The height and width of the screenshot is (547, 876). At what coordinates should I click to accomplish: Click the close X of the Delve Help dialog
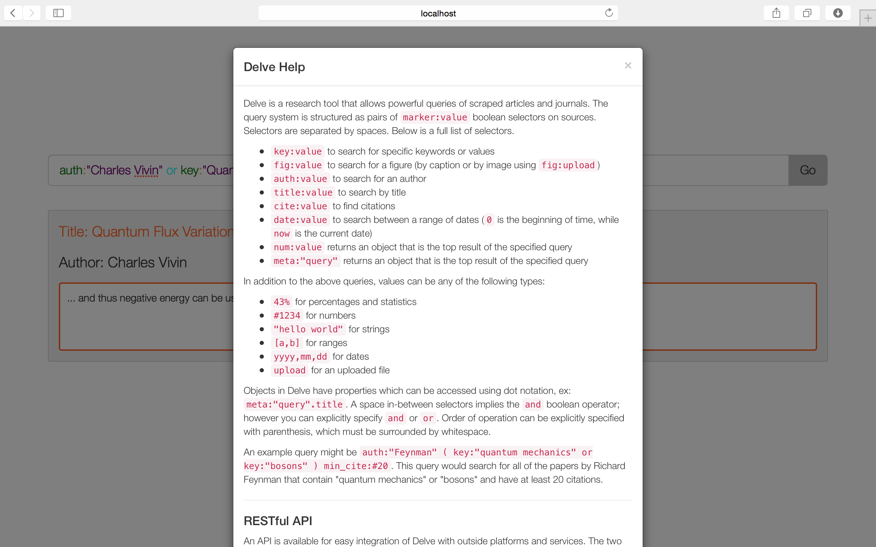point(628,66)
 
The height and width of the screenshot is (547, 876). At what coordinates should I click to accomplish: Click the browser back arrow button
point(13,13)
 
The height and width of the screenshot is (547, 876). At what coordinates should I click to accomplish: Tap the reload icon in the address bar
point(609,13)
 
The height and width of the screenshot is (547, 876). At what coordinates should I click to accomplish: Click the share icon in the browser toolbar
point(776,13)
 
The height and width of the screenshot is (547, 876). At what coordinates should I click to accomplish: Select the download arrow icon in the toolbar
point(838,13)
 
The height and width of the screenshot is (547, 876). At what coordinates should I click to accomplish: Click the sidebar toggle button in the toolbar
point(58,13)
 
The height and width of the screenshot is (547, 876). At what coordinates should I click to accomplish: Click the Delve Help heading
point(274,67)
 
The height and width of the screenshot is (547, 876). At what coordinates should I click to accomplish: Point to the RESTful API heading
point(278,521)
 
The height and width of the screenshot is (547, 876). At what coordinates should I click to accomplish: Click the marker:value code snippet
point(435,117)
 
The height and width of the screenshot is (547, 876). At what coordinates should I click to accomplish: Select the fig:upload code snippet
point(568,165)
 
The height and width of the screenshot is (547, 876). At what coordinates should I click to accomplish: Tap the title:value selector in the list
point(302,192)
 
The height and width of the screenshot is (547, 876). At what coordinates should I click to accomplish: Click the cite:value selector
point(300,206)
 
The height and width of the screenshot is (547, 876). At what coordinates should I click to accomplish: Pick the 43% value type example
point(281,302)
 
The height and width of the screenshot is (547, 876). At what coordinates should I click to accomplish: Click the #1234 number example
point(287,316)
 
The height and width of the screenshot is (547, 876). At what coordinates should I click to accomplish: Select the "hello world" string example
point(308,329)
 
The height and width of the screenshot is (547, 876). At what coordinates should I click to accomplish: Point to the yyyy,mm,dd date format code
point(300,357)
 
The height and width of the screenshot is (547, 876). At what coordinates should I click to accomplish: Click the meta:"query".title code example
point(294,404)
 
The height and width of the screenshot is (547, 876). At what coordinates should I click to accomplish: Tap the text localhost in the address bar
point(438,13)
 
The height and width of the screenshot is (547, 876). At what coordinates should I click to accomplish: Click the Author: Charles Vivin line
point(123,262)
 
